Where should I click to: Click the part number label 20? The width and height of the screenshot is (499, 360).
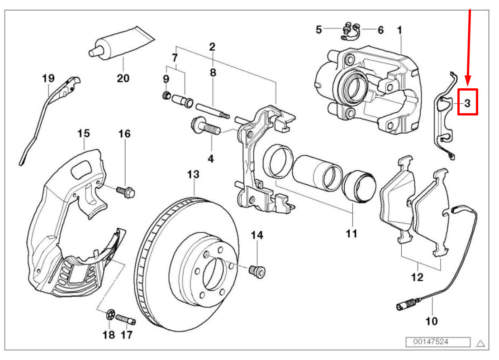(123, 78)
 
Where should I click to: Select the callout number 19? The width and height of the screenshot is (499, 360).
(48, 78)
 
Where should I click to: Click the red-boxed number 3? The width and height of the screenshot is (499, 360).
(467, 103)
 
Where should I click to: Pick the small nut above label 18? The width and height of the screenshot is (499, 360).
(110, 314)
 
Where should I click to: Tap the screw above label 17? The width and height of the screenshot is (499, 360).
(126, 320)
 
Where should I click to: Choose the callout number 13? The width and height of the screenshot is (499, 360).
(193, 174)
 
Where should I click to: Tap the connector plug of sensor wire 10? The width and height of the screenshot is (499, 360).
(403, 306)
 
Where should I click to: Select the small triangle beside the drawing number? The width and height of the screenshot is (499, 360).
(481, 343)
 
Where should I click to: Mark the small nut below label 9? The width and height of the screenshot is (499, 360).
(166, 95)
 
